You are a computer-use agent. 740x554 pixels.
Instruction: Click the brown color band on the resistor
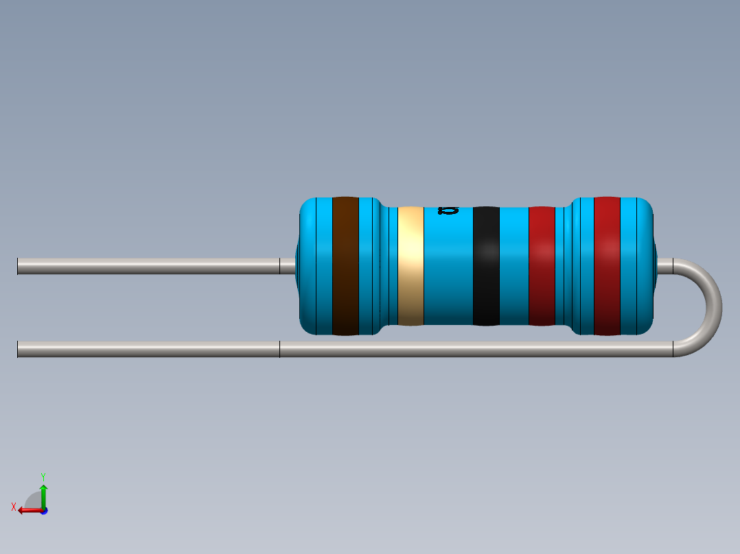coord(345,266)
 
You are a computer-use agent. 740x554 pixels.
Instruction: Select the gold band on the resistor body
coord(411,266)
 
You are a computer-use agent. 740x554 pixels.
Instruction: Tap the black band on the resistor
coord(486,266)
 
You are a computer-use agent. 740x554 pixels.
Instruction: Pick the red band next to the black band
coord(542,266)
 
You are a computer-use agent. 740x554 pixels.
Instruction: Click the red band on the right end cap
coord(607,266)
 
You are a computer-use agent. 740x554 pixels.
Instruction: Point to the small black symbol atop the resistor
coord(448,210)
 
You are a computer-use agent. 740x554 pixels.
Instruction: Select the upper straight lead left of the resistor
coord(148,266)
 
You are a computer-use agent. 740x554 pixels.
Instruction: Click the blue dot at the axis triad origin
coord(43,511)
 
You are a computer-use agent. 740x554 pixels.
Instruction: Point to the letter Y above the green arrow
coord(43,476)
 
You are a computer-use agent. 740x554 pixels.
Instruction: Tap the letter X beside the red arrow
coord(14,507)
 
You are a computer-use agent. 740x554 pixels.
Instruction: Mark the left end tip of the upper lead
coord(19,266)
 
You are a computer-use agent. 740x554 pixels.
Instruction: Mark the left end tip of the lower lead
coord(19,349)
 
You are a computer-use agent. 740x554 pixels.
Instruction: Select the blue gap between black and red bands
coord(513,266)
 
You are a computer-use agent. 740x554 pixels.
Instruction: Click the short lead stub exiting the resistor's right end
coord(664,266)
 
